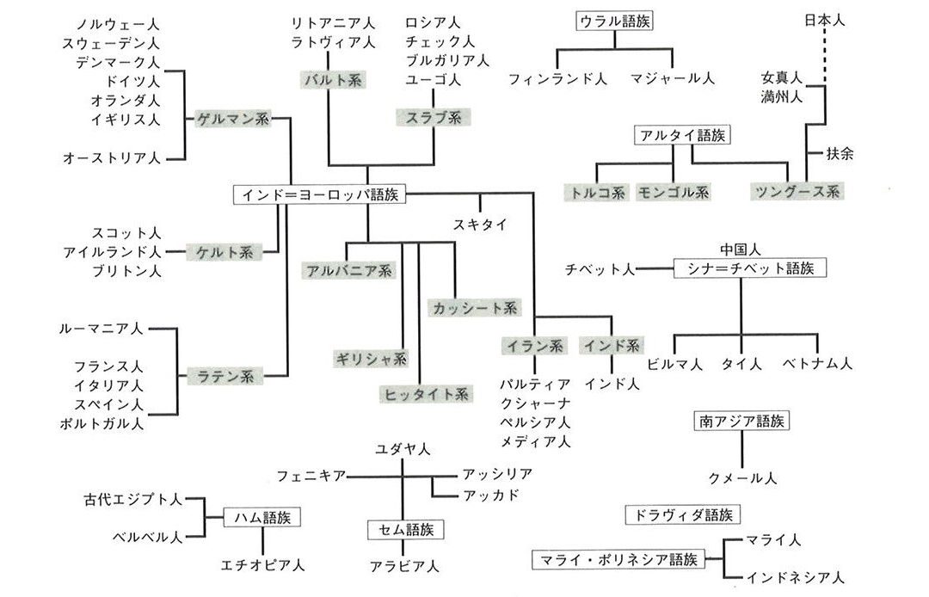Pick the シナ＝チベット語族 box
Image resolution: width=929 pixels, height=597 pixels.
click(x=749, y=268)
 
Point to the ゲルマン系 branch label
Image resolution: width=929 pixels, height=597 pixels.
click(x=232, y=119)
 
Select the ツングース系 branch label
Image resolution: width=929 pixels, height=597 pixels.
click(x=795, y=191)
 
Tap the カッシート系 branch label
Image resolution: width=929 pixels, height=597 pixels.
click(x=474, y=307)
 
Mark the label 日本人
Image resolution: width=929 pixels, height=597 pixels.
click(x=825, y=20)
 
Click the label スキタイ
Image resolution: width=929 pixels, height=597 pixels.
click(x=480, y=225)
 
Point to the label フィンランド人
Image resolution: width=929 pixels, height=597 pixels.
click(x=557, y=78)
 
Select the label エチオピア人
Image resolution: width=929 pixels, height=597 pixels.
click(x=263, y=565)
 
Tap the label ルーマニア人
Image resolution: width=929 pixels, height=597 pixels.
click(x=102, y=329)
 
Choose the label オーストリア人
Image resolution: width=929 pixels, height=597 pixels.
click(x=112, y=157)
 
